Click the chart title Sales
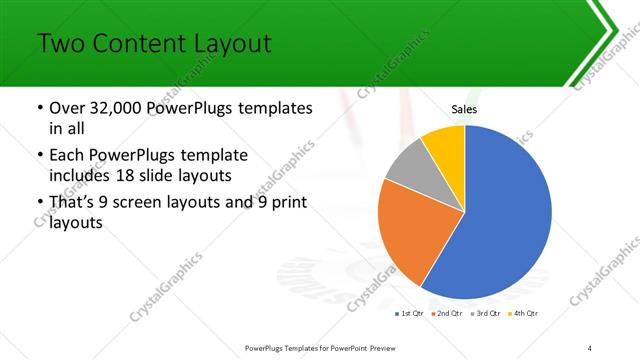465,108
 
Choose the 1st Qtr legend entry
407,314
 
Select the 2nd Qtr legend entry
443,314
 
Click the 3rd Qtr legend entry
483,314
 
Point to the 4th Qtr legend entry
523,314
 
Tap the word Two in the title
62,45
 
